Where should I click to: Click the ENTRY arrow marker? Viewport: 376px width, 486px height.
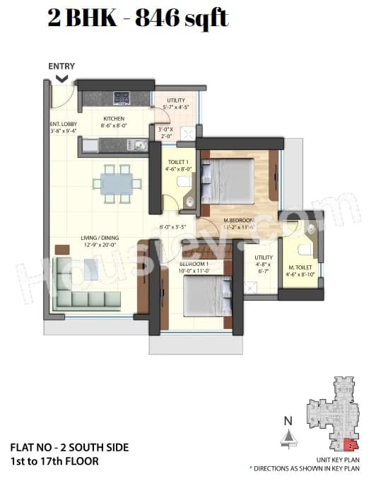point(61,79)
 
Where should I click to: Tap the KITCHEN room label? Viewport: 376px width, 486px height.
point(114,119)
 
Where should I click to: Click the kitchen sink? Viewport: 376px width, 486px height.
point(135,146)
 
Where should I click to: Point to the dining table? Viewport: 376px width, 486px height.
point(114,178)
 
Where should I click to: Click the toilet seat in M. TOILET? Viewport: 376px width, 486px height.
point(305,248)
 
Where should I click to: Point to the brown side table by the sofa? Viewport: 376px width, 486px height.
point(62,250)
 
